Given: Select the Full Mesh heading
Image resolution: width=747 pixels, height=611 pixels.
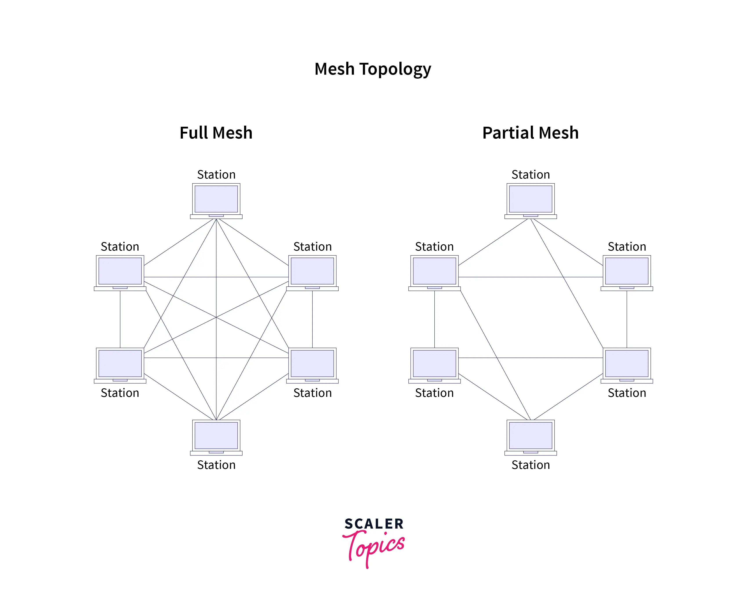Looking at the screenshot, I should click(x=216, y=133).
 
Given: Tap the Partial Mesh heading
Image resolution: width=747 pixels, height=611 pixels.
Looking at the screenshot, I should click(x=530, y=133).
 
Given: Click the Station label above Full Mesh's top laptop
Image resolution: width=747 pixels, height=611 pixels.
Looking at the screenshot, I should click(x=216, y=175).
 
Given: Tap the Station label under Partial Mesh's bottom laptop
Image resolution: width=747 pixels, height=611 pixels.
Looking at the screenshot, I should click(x=531, y=465).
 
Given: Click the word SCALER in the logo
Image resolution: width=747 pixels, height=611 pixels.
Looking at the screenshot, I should click(x=374, y=524).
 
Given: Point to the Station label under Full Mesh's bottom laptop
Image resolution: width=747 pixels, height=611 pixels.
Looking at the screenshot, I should click(x=216, y=465).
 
